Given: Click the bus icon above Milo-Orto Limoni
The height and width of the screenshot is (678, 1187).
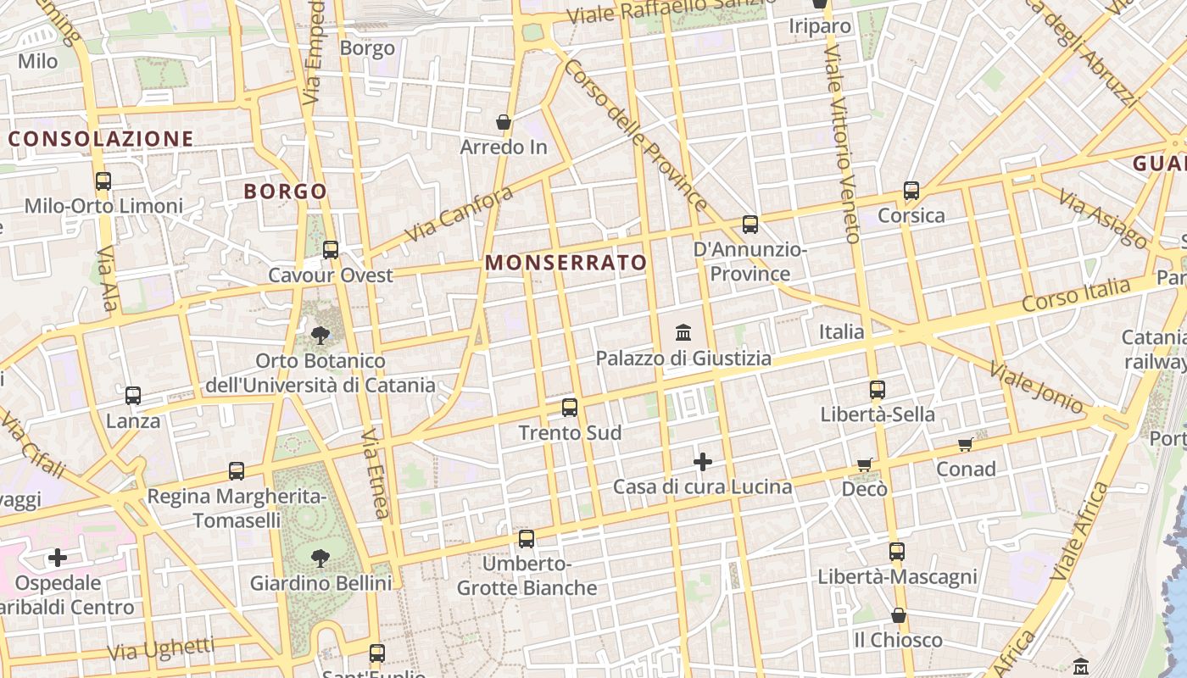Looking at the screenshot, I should [x=103, y=181].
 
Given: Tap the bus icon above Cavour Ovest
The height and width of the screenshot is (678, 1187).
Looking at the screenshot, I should [x=331, y=250].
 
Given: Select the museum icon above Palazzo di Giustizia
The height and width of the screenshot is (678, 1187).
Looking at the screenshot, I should [x=683, y=332].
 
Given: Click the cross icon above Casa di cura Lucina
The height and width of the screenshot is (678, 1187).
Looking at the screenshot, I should [x=702, y=462].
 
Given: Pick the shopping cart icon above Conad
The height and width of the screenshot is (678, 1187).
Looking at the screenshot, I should [x=965, y=444].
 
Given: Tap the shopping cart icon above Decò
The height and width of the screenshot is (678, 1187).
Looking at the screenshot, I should [x=864, y=464].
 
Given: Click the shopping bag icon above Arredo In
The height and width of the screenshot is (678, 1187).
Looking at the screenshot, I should [x=504, y=122].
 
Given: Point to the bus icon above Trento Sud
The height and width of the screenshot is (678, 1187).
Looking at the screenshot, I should [x=570, y=408].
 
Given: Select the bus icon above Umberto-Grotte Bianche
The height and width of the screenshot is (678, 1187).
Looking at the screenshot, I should [x=527, y=538].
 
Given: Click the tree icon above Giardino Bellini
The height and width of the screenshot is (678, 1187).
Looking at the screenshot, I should [x=320, y=558].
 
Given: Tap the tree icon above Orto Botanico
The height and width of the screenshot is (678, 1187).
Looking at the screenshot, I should [x=320, y=336].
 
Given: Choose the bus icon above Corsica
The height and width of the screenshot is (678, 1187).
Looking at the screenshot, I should [x=911, y=191].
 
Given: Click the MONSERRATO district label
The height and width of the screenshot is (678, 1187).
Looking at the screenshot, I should [x=566, y=263].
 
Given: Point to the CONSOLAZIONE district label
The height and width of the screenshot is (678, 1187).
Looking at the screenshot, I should [x=101, y=139].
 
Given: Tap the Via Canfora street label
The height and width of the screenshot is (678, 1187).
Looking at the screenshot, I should [x=459, y=214].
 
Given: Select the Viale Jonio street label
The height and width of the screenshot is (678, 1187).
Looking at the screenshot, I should [x=1036, y=387].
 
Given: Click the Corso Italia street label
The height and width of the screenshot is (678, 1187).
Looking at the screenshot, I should [x=1076, y=296].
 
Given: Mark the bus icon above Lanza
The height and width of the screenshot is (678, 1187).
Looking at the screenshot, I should [x=133, y=396].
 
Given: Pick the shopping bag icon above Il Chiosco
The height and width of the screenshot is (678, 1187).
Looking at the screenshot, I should [x=898, y=615].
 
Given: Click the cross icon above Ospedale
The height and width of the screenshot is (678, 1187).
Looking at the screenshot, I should [x=58, y=558].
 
